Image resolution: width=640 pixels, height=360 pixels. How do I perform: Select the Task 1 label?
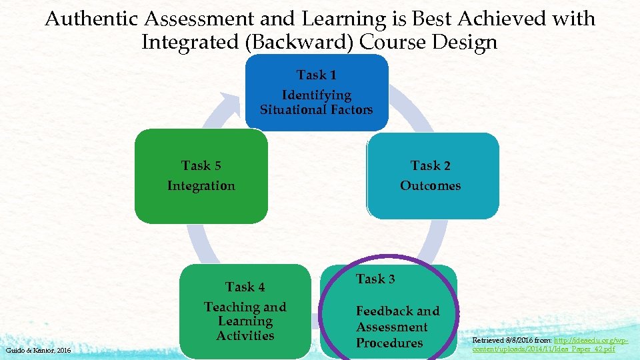click(316, 75)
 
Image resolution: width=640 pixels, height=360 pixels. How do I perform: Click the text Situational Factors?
click(316, 110)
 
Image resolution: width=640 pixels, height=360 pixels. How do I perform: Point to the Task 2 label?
click(430, 165)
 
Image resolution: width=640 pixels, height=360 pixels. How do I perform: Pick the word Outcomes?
click(430, 186)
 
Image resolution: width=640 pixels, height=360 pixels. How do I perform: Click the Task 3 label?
click(375, 279)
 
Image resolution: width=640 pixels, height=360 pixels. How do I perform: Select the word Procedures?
click(389, 343)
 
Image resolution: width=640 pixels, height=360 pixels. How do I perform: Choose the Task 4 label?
click(245, 287)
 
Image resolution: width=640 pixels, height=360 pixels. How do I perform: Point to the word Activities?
click(245, 336)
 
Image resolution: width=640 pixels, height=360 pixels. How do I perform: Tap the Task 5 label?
click(201, 165)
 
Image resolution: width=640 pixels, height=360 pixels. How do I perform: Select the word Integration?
click(201, 186)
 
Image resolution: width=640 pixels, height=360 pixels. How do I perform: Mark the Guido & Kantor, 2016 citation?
click(37, 350)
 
